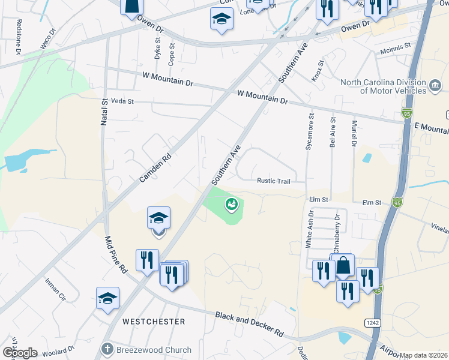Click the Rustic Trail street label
pos(274,181)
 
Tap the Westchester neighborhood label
pos(154,322)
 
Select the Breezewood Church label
pos(153,350)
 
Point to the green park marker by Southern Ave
pos(231,205)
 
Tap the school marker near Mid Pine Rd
pos(159,218)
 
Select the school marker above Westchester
pos(108,298)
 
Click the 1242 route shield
pos(371,323)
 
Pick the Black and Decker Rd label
pos(249,323)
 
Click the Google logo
pos(19,353)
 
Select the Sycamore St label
pos(310,132)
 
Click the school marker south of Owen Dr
pos(221,19)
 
